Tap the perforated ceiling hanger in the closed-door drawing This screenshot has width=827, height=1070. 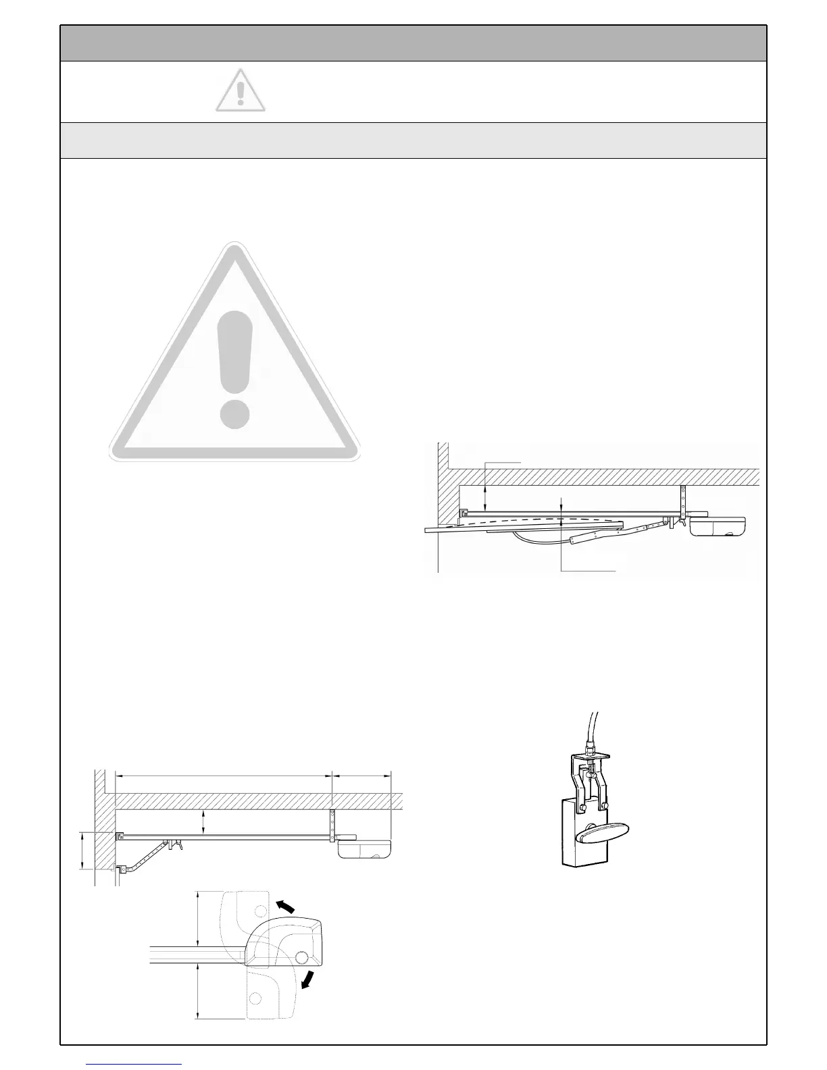tap(332, 825)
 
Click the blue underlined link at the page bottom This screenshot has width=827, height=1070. tap(134, 1064)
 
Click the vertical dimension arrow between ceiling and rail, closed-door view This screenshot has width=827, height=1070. tap(204, 823)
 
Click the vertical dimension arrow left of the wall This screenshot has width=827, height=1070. tap(82, 850)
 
